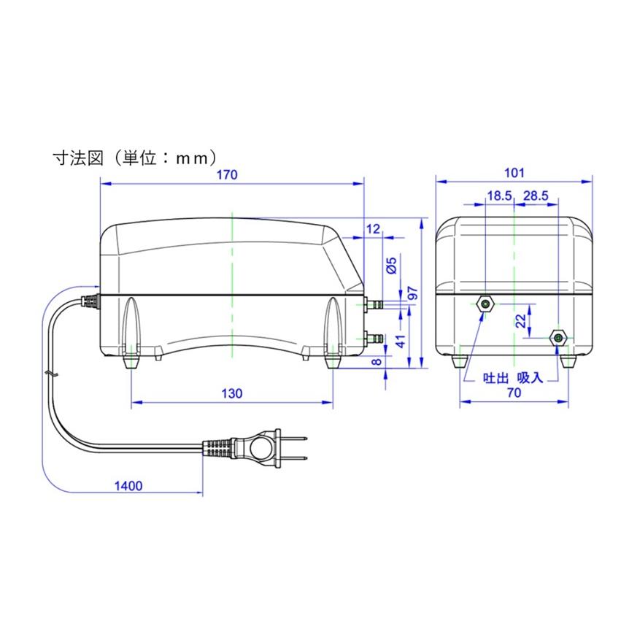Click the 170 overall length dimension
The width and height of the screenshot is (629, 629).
pyautogui.click(x=231, y=174)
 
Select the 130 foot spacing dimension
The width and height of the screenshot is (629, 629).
pyautogui.click(x=231, y=393)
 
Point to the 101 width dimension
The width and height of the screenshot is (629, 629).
pyautogui.click(x=514, y=173)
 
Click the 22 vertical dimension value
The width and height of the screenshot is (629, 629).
pyautogui.click(x=520, y=321)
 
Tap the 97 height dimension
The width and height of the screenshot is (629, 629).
pyautogui.click(x=412, y=293)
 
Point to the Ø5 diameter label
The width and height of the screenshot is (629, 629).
pyautogui.click(x=391, y=266)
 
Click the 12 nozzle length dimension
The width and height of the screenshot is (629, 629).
pyautogui.click(x=373, y=229)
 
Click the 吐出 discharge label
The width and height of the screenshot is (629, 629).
pyautogui.click(x=495, y=379)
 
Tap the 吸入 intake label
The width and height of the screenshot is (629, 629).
pyautogui.click(x=530, y=379)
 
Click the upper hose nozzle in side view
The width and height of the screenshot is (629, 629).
pyautogui.click(x=375, y=302)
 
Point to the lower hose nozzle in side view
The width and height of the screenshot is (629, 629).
pyautogui.click(x=375, y=337)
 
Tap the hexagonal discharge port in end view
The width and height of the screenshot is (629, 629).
pyautogui.click(x=485, y=303)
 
